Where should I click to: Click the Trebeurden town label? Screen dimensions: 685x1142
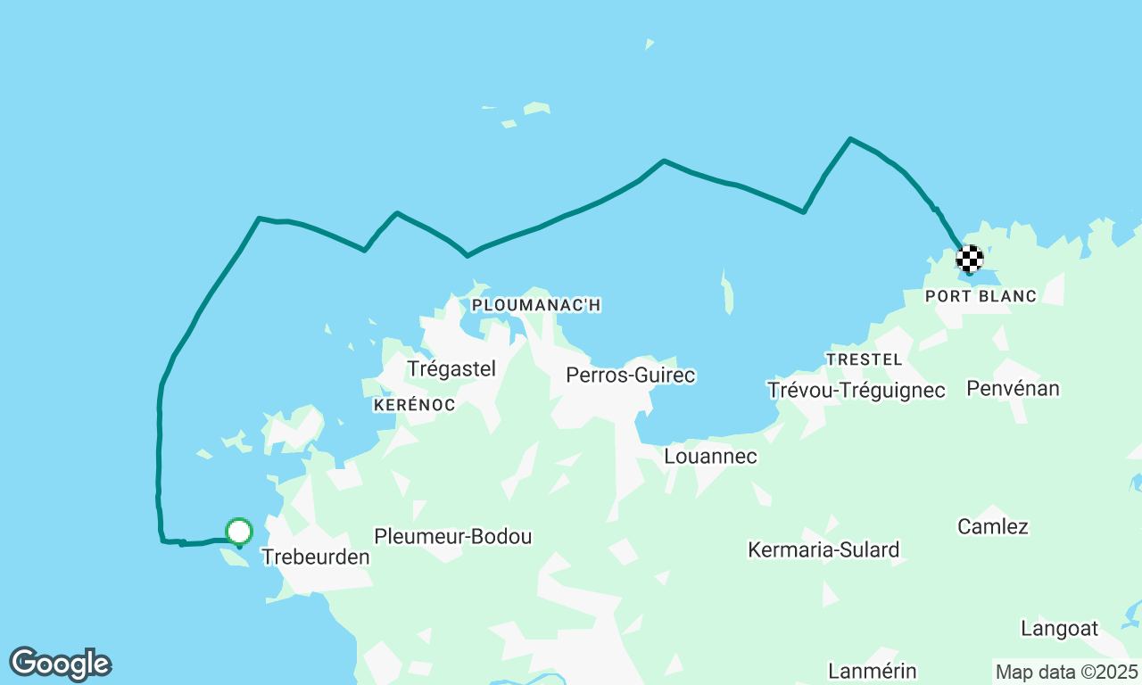[315, 557]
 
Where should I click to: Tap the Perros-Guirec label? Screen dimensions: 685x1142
[630, 376]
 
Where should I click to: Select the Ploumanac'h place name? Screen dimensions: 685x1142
[535, 305]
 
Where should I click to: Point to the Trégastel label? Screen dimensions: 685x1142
[451, 368]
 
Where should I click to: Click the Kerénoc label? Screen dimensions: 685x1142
[414, 405]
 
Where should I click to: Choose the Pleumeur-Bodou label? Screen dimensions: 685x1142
[452, 536]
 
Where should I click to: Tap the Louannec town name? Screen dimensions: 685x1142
[710, 456]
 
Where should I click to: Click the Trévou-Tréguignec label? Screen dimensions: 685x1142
[856, 390]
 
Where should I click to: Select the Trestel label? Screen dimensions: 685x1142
[864, 359]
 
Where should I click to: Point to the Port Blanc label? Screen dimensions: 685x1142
[981, 296]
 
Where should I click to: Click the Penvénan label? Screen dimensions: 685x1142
[1013, 388]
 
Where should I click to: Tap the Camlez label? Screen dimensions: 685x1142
[992, 526]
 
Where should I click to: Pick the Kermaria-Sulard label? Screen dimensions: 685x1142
[823, 549]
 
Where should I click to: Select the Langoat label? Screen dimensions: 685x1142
[1059, 628]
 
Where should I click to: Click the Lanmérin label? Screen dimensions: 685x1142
[872, 670]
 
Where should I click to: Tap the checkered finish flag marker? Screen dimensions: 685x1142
[969, 259]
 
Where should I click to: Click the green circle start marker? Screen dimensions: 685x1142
[239, 532]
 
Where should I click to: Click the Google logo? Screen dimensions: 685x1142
[60, 664]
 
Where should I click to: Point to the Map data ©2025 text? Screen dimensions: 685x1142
[1066, 672]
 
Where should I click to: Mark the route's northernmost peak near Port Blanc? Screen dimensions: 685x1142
[850, 138]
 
